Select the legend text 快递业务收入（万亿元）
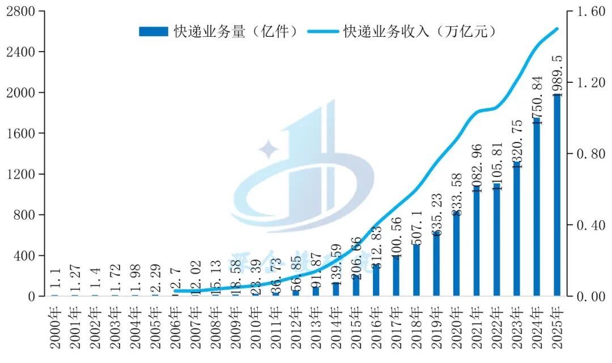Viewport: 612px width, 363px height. (420, 32)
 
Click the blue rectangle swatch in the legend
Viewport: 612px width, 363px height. (154, 32)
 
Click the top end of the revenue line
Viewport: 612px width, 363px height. (557, 28)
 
